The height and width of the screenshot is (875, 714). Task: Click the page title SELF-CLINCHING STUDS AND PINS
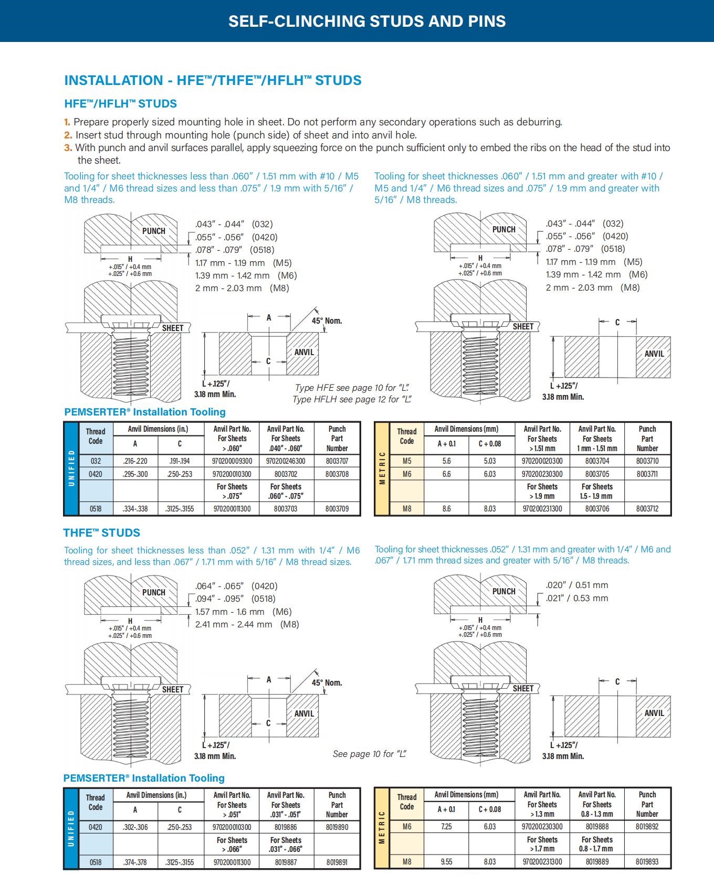pyautogui.click(x=367, y=21)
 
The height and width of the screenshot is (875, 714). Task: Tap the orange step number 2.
pyautogui.click(x=68, y=135)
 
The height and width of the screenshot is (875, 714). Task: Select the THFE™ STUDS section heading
pyautogui.click(x=101, y=533)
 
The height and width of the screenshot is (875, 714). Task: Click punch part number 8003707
pyautogui.click(x=337, y=461)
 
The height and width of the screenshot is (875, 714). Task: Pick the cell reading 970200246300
pyautogui.click(x=286, y=461)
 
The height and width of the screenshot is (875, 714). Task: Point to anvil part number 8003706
pyautogui.click(x=597, y=509)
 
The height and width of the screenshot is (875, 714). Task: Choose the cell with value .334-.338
pyautogui.click(x=135, y=509)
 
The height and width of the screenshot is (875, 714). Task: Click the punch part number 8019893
pyautogui.click(x=647, y=861)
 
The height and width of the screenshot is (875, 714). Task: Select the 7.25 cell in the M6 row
pyautogui.click(x=446, y=827)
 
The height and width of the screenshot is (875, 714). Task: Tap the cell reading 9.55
pyautogui.click(x=446, y=861)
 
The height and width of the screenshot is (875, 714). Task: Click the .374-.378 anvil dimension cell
pyautogui.click(x=135, y=862)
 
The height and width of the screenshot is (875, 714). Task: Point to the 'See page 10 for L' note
pyautogui.click(x=370, y=754)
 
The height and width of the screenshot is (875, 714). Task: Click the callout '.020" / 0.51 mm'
pyautogui.click(x=577, y=585)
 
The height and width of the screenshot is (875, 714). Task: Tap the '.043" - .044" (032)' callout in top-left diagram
pyautogui.click(x=234, y=224)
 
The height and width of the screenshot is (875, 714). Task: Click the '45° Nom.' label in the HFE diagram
pyautogui.click(x=327, y=321)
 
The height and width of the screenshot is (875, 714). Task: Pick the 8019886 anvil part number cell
pyautogui.click(x=286, y=827)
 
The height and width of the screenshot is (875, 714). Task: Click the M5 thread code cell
pyautogui.click(x=407, y=461)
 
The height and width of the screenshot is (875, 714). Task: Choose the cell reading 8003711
pyautogui.click(x=647, y=474)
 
